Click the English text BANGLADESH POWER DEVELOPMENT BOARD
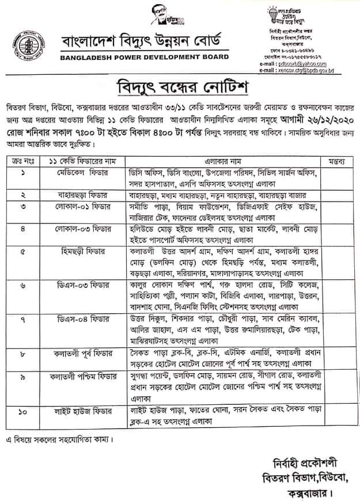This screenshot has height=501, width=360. (145, 57)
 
